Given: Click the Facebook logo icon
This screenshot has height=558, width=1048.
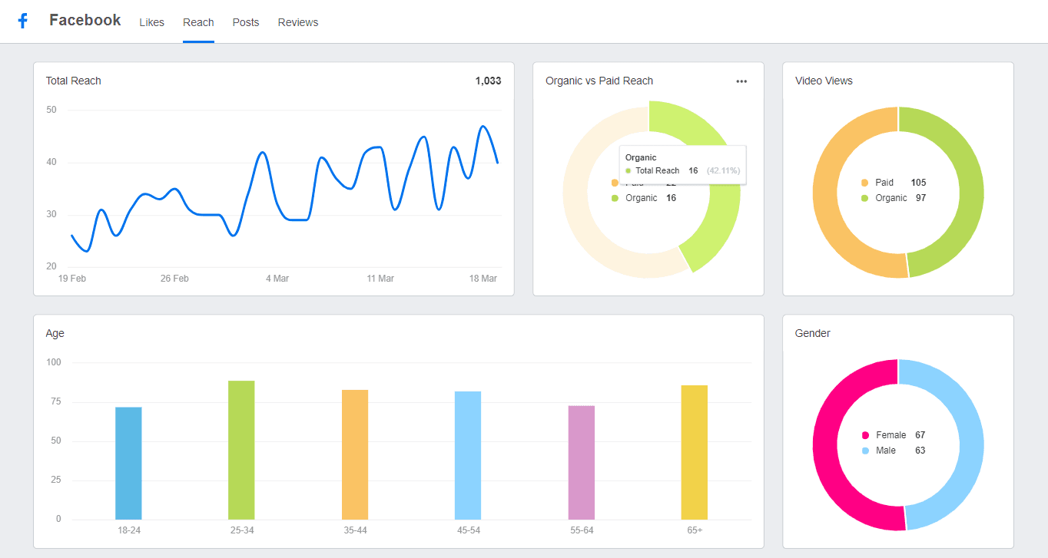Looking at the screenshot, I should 23,21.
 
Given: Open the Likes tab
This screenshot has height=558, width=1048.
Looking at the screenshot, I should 151,22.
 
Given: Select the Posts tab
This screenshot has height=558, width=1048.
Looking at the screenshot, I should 246,22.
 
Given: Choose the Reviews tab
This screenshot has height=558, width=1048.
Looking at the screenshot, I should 298,22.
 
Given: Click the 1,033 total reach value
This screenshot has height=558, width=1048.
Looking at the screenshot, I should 488,81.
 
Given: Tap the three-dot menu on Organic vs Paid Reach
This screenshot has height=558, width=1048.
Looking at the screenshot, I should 741,81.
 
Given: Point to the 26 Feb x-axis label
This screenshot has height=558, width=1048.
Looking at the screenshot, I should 174,279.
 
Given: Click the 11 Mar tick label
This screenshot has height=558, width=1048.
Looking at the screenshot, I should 380,279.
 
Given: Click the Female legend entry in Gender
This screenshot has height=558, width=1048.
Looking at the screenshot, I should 890,435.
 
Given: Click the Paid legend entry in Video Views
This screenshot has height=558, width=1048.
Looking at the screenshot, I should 884,183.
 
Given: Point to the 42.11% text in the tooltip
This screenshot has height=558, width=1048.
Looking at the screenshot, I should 723,170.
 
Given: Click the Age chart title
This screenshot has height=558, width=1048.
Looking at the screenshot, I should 55,333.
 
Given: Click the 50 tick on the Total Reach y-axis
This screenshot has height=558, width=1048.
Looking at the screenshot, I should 51,110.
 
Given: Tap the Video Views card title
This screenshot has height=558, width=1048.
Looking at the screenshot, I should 824,81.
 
